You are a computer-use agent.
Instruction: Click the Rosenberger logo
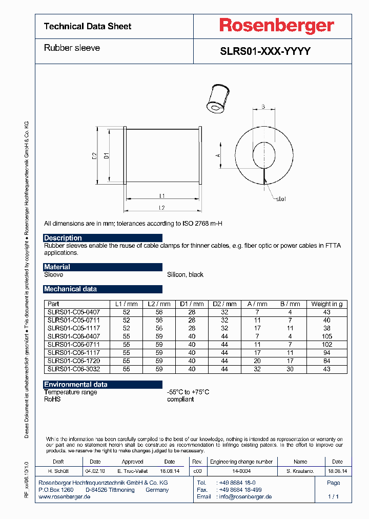276,25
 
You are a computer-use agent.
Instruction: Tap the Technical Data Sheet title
88,26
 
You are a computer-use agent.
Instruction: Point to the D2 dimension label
94,155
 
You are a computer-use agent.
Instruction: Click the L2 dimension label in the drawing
162,208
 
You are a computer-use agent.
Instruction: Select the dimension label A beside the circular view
217,154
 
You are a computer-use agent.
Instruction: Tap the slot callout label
281,198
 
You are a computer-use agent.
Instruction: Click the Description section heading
63,238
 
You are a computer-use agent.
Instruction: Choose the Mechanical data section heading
70,289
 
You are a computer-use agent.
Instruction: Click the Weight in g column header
327,304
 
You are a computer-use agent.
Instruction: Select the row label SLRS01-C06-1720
73,361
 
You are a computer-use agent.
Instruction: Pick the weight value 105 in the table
327,336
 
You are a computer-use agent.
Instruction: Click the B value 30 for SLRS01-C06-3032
290,369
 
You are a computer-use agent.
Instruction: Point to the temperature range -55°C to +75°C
188,392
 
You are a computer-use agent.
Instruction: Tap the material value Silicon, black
185,275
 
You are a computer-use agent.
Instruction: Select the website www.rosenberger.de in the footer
65,497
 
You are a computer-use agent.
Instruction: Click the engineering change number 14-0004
242,470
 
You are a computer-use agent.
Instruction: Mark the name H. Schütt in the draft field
58,470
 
